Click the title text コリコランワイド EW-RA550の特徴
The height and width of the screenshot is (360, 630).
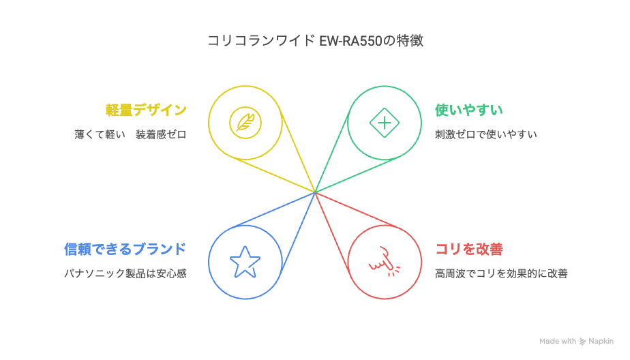315,41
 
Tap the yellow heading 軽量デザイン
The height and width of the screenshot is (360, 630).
146,110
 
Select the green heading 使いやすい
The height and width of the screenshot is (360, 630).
469,110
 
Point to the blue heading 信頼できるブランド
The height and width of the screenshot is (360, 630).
125,249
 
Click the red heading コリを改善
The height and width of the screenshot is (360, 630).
469,249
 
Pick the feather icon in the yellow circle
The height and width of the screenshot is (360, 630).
245,123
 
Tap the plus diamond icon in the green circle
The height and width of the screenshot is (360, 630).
385,123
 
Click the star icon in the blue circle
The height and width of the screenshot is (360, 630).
245,262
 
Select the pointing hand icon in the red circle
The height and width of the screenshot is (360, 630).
385,262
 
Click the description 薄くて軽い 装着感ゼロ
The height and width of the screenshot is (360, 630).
131,134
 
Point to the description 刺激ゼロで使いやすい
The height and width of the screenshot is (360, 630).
485,134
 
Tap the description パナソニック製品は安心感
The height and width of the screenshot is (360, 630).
125,273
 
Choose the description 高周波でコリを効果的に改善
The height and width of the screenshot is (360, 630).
501,273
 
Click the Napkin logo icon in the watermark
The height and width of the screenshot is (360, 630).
582,342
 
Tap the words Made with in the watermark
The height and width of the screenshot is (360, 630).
558,341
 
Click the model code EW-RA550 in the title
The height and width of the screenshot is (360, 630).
350,41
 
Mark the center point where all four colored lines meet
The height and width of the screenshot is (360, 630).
315,192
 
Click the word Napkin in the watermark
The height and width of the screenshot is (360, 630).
601,341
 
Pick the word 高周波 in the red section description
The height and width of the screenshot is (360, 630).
451,273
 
